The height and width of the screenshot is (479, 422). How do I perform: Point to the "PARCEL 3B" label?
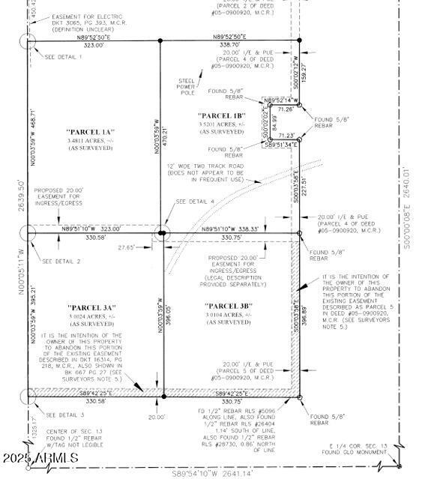tap(229, 305)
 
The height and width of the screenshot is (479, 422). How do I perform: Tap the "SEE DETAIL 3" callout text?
tap(64, 415)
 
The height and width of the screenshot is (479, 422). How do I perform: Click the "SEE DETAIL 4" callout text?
tap(195, 202)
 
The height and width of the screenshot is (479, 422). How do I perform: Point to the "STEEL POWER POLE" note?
tap(187, 87)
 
